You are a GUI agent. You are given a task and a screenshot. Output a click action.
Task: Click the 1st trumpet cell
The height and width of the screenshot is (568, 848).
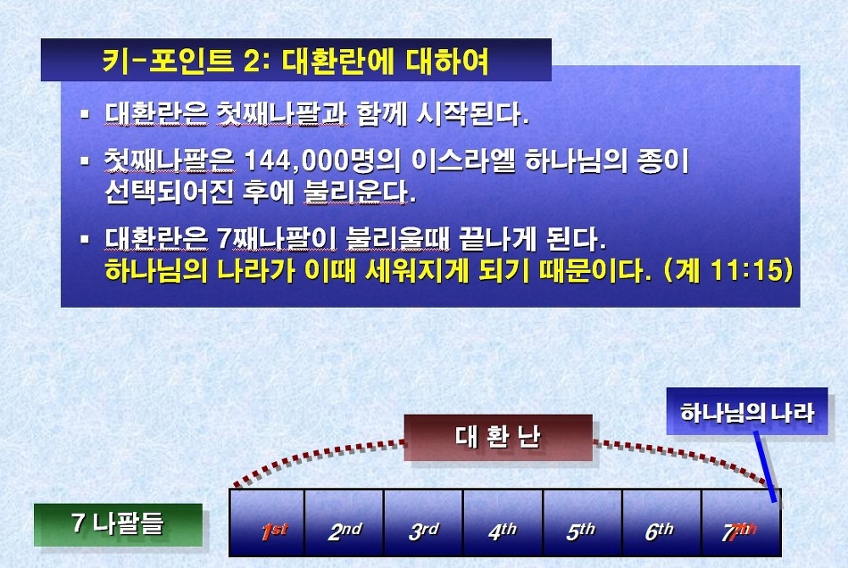[267, 523]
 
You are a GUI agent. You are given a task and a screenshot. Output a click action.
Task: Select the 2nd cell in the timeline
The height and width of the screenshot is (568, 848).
[345, 523]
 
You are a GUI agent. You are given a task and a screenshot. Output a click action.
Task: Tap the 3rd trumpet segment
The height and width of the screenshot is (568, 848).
[423, 523]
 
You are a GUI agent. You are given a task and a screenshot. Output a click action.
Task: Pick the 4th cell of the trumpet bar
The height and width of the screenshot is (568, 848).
[503, 523]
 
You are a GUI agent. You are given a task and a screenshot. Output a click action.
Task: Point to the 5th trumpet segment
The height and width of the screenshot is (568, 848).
[583, 523]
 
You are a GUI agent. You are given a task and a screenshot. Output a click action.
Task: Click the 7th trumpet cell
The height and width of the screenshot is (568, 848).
[741, 523]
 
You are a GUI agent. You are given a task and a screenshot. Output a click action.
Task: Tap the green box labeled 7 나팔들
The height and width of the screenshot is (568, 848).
[118, 524]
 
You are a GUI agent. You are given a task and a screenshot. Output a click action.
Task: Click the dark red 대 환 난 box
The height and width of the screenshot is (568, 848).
[498, 438]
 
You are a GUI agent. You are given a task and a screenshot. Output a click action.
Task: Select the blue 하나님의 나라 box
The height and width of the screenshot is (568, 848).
[747, 412]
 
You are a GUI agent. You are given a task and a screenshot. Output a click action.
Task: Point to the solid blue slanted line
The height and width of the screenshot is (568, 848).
[765, 466]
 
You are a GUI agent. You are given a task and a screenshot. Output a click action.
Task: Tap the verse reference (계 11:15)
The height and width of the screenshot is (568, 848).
[728, 270]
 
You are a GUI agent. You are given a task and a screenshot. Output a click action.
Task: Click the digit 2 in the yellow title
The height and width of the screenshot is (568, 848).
[252, 62]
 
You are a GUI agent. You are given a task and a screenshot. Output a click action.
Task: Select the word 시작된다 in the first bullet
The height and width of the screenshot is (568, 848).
[472, 114]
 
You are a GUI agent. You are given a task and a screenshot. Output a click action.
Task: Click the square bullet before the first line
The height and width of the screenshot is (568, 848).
[85, 114]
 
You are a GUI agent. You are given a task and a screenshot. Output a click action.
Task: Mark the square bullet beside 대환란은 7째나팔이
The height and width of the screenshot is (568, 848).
[85, 238]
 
